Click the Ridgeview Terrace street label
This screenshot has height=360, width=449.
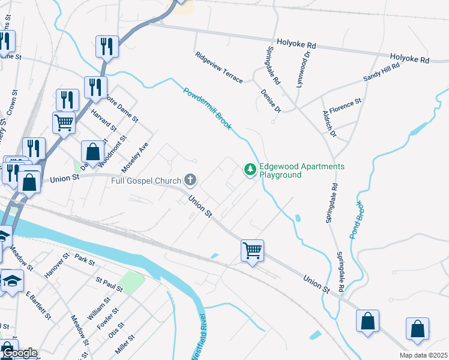[x=218, y=67]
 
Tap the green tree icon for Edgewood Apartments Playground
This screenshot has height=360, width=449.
[x=250, y=171]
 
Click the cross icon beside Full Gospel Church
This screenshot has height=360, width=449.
[x=190, y=179]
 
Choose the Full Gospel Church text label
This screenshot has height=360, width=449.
[x=146, y=180]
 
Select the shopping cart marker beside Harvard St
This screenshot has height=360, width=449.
[x=64, y=123]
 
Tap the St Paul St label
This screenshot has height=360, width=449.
[x=109, y=284]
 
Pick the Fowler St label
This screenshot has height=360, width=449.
[x=108, y=318]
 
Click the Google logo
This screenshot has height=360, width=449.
[x=19, y=353]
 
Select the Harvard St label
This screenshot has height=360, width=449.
[x=104, y=120]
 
